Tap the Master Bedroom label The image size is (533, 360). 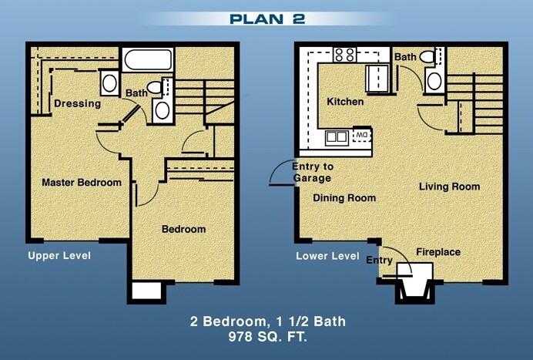coord(81,183)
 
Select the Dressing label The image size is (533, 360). coord(77,103)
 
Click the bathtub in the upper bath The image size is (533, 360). coord(148,60)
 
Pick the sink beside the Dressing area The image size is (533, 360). coord(109,83)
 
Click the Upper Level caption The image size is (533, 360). coord(59,255)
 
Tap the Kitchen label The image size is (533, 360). coord(345,102)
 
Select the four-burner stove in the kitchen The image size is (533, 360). coord(344,54)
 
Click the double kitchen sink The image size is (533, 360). coord(337,137)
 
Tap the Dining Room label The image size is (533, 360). coord(344,198)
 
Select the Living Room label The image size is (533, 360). coord(449,187)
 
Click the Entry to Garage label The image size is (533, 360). coord(312,172)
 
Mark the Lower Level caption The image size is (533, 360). coord(327,256)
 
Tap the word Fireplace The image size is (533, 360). coord(437,252)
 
